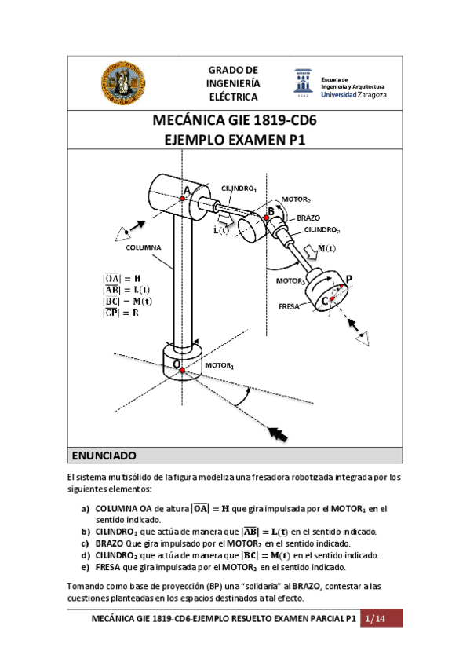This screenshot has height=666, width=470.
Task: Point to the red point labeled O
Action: click(180, 369)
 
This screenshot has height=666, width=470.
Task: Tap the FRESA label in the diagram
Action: click(290, 307)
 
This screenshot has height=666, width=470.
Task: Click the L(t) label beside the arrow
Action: click(222, 231)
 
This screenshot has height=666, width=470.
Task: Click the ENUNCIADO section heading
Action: click(104, 456)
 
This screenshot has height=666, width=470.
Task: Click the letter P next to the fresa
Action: click(348, 280)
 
